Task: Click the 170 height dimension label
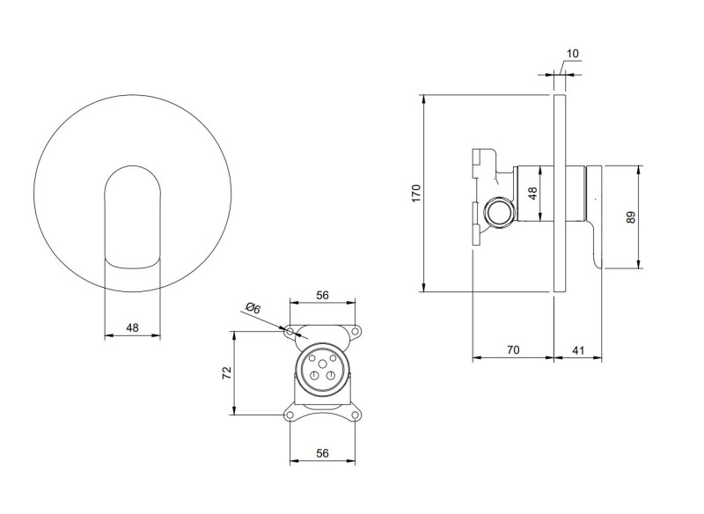(x=415, y=193)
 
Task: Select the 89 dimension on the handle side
(x=630, y=217)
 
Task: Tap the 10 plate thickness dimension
(x=573, y=54)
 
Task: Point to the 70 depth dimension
(x=513, y=349)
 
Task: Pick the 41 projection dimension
(x=578, y=349)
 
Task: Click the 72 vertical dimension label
(x=225, y=373)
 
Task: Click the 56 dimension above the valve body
(x=322, y=296)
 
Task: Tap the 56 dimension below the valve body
(x=322, y=452)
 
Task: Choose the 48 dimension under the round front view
(x=132, y=327)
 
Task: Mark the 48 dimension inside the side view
(x=532, y=194)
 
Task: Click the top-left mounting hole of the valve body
(x=291, y=332)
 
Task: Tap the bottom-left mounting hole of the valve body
(x=291, y=414)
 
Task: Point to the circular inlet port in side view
(x=499, y=212)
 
